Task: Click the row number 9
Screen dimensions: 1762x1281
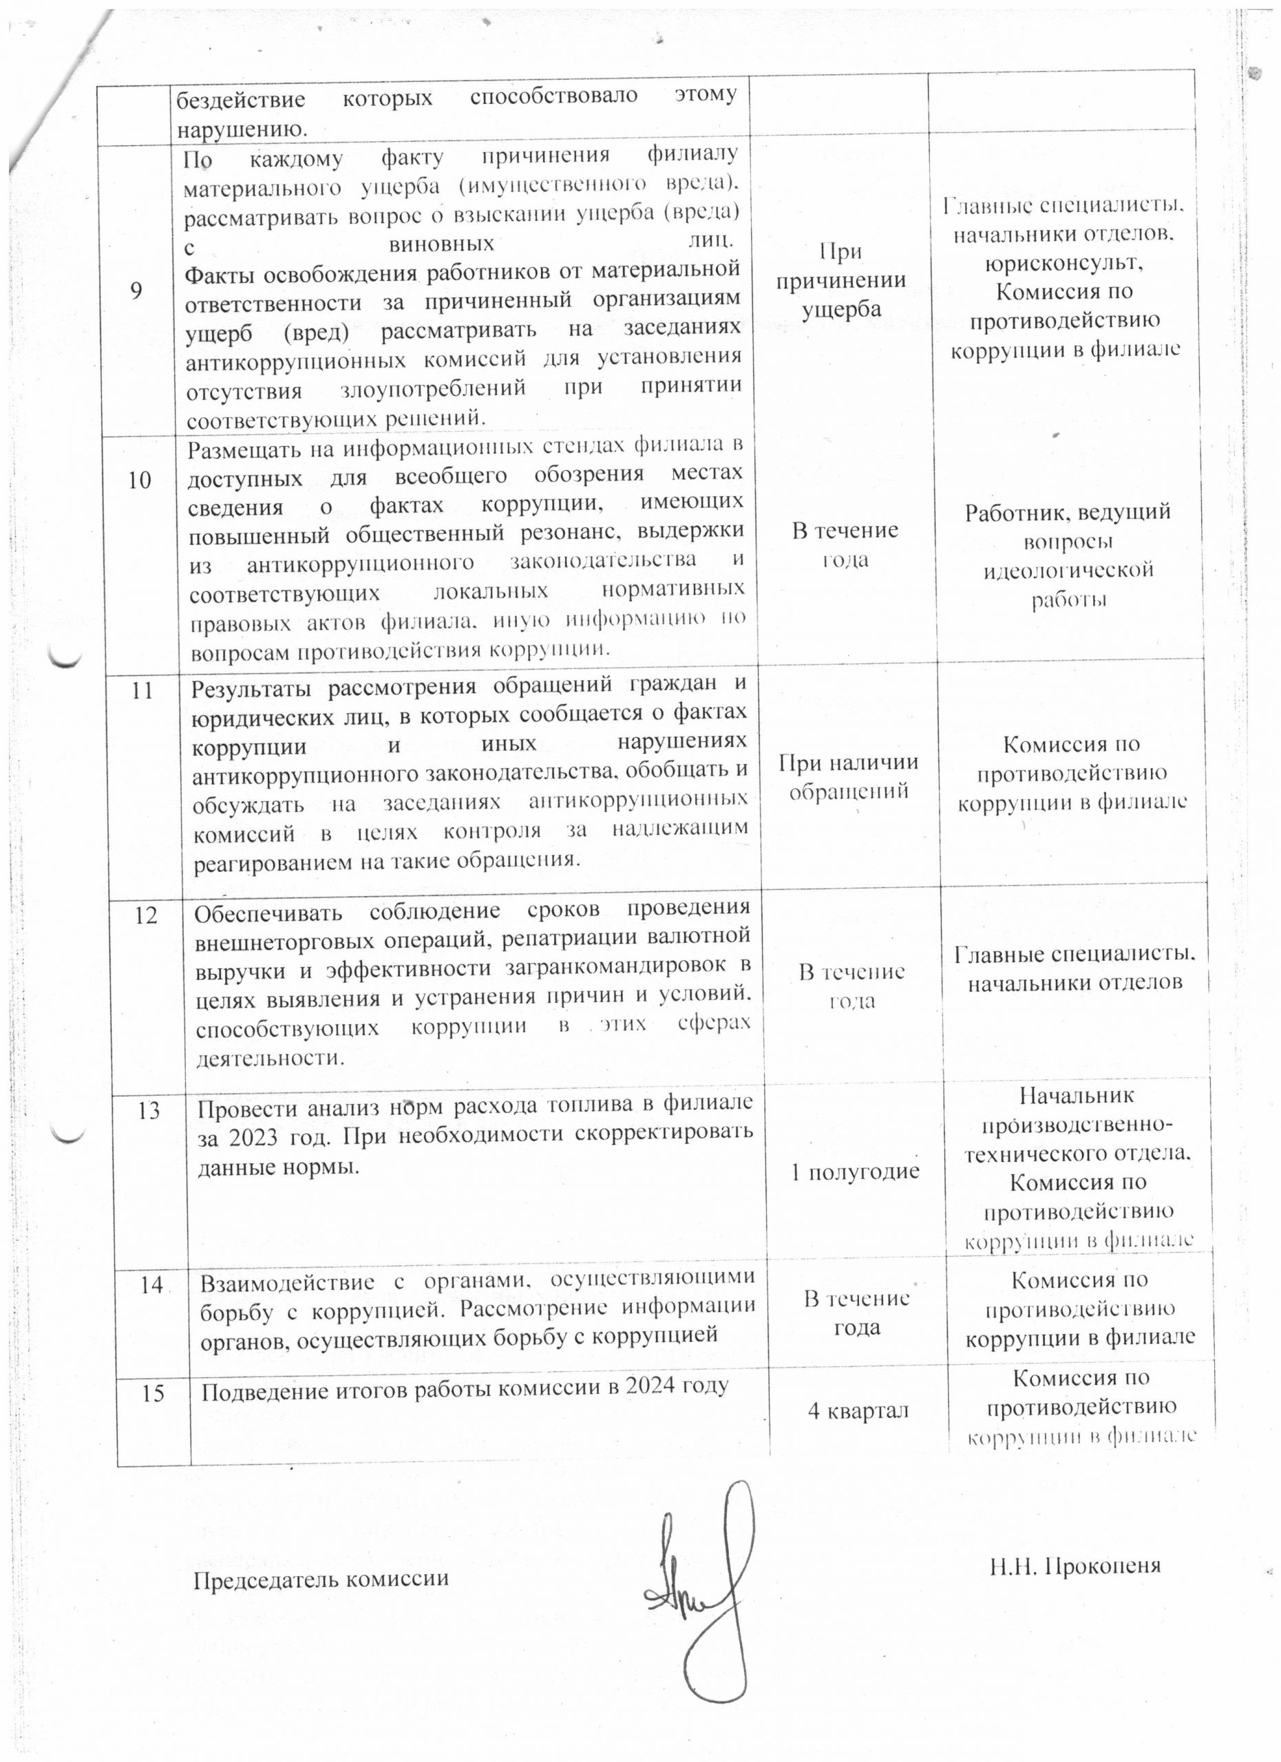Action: pos(137,291)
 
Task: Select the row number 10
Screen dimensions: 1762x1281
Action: pos(140,481)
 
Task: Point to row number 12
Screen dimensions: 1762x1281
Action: pos(146,915)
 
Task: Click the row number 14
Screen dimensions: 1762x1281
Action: pos(151,1286)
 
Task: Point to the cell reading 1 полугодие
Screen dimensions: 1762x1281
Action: pos(854,1172)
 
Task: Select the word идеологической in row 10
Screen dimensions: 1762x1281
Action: pos(1068,569)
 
